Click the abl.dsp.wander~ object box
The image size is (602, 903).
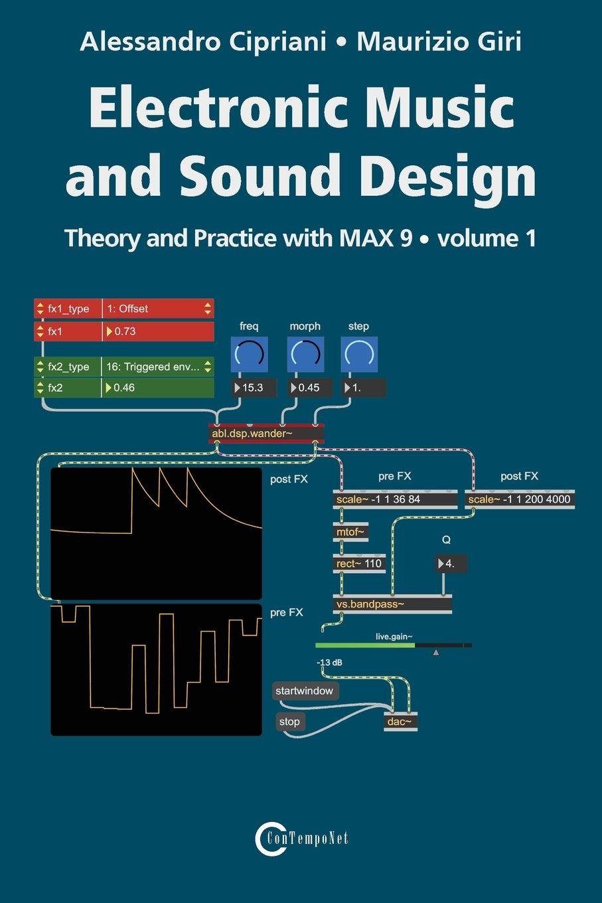click(x=266, y=434)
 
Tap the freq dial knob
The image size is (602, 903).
click(x=249, y=354)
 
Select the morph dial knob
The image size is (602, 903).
click(x=305, y=354)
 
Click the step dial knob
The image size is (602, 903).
click(x=359, y=354)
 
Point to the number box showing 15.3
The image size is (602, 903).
click(x=254, y=388)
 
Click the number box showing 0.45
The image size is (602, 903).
click(x=309, y=388)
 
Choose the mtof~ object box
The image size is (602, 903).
click(x=350, y=532)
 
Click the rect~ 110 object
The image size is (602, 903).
click(x=359, y=564)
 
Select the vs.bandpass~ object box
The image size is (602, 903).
click(x=392, y=604)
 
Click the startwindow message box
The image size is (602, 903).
click(x=305, y=691)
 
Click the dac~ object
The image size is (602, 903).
click(x=401, y=722)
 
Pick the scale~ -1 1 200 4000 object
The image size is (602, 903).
click(x=519, y=499)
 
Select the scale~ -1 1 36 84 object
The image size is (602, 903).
click(x=395, y=499)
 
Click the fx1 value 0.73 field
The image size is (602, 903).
click(x=158, y=331)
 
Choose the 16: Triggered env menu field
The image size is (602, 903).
click(x=158, y=367)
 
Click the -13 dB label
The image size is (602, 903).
click(x=329, y=663)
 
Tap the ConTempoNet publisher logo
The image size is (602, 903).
click(x=301, y=838)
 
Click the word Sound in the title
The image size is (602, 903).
click(x=266, y=176)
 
